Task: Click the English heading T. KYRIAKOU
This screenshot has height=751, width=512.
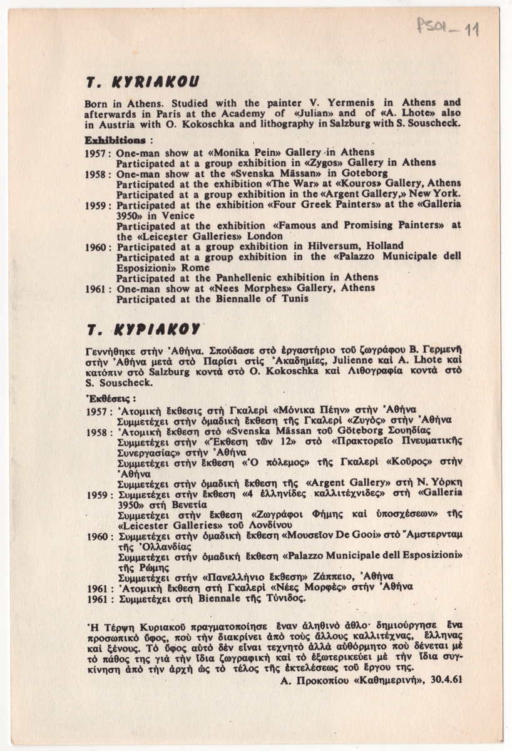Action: (143, 81)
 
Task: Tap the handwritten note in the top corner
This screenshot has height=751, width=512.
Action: (448, 28)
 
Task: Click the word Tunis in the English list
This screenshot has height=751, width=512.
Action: (295, 299)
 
